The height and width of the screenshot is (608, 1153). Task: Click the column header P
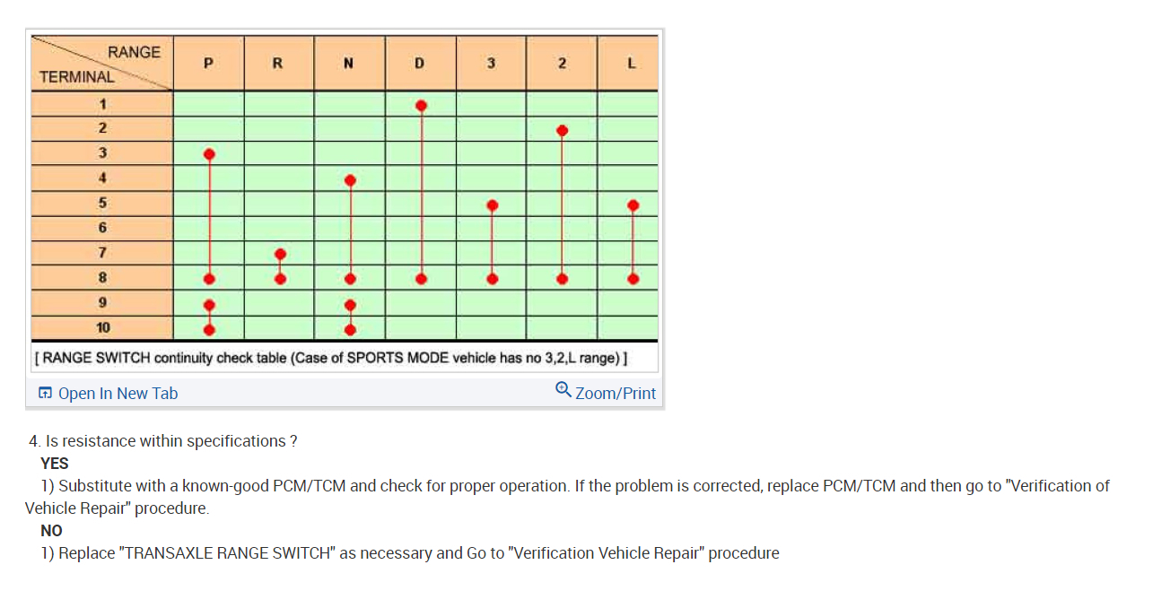(208, 64)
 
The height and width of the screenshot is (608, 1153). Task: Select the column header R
(278, 64)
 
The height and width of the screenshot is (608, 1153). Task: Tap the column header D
(420, 64)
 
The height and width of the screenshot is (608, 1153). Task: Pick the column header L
(632, 64)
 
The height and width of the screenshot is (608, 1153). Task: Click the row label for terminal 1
(103, 104)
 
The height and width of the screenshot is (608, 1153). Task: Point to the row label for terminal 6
(103, 228)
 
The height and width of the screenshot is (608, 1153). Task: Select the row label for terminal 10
(103, 328)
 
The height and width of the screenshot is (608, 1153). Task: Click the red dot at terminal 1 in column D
(421, 105)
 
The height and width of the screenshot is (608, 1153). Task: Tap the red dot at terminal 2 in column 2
(562, 130)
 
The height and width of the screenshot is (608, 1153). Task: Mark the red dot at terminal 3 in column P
(209, 154)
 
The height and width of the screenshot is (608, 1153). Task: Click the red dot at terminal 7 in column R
(280, 254)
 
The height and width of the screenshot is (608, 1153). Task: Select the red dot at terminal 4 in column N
(350, 180)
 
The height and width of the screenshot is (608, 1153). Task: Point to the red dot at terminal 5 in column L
(633, 205)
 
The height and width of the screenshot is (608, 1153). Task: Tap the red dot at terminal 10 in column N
(350, 329)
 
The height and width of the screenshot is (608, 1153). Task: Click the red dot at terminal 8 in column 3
(492, 279)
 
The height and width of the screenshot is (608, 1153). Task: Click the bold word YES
(55, 464)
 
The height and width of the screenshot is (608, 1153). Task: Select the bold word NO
(51, 531)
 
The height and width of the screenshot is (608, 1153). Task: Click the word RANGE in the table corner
(134, 52)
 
